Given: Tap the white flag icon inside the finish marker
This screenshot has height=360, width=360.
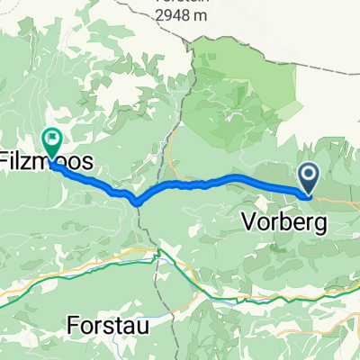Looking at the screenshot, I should (x=52, y=140).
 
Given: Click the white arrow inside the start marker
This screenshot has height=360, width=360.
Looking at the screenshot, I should (x=307, y=175).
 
